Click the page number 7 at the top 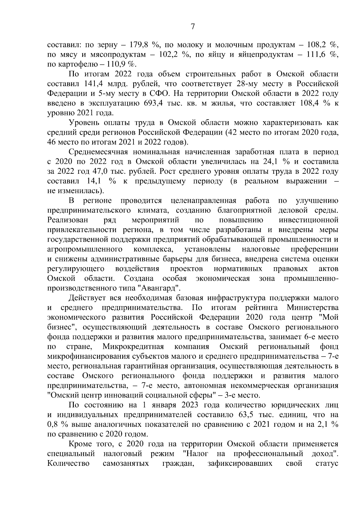(x=193, y=27)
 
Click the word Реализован (x=68, y=220)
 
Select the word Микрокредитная (x=133, y=347)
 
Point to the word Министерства (x=313, y=308)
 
